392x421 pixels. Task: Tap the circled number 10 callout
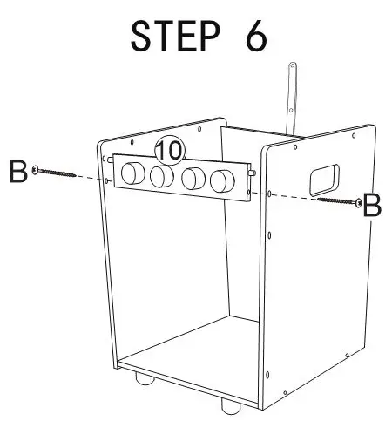pyautogui.click(x=169, y=150)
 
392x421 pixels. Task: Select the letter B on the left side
pyautogui.click(x=17, y=171)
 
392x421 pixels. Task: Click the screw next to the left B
pyautogui.click(x=57, y=173)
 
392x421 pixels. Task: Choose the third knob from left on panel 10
pyautogui.click(x=194, y=180)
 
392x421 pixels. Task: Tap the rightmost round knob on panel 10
pyautogui.click(x=223, y=182)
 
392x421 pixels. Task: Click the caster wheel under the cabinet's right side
pyautogui.click(x=230, y=406)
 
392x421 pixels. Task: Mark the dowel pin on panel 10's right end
pyautogui.click(x=251, y=173)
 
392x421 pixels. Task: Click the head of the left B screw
pyautogui.click(x=35, y=170)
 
